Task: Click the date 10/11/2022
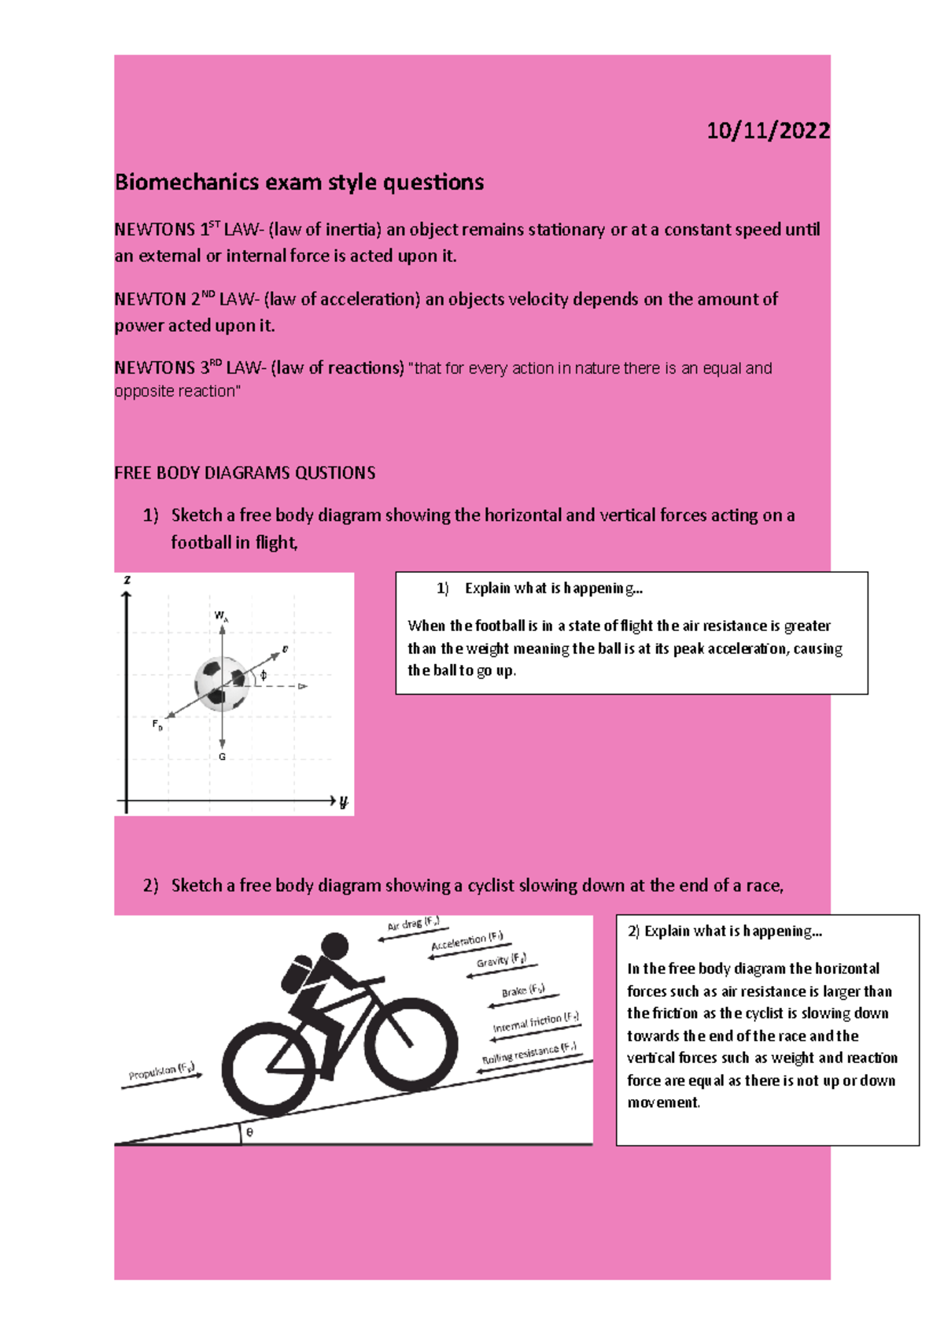pyautogui.click(x=767, y=131)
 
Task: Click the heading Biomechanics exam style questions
pyautogui.click(x=299, y=183)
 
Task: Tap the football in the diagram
pyautogui.click(x=223, y=683)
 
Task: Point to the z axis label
pyautogui.click(x=127, y=580)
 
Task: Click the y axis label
pyautogui.click(x=343, y=802)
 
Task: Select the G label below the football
pyautogui.click(x=222, y=757)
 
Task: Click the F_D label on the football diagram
pyautogui.click(x=157, y=725)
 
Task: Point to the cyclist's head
pyautogui.click(x=335, y=946)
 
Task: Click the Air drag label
pyautogui.click(x=413, y=924)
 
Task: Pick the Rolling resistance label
pyautogui.click(x=529, y=1053)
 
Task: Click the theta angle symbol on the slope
pyautogui.click(x=250, y=1132)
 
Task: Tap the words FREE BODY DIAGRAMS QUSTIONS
pyautogui.click(x=245, y=474)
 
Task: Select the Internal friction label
pyautogui.click(x=535, y=1022)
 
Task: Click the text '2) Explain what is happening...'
pyautogui.click(x=725, y=932)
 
